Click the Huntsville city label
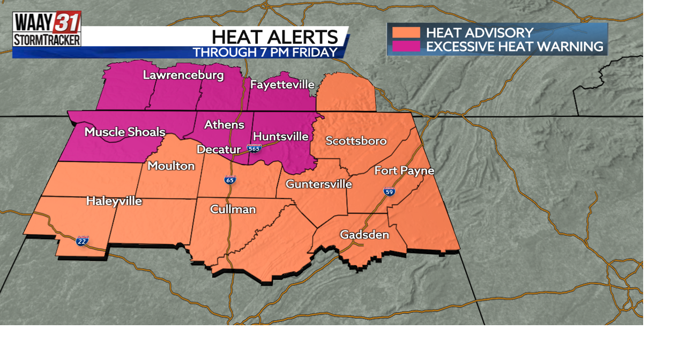(280, 137)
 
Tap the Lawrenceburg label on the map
(183, 75)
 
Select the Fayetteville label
(282, 85)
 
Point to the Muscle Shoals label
(125, 132)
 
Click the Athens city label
(224, 125)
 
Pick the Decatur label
(219, 149)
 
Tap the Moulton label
(171, 166)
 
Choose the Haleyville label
(114, 201)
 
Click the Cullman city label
(233, 209)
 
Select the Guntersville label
(318, 184)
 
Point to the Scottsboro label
(356, 141)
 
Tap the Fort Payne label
(404, 171)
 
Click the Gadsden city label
(364, 235)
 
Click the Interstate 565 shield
(254, 148)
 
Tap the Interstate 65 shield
(230, 180)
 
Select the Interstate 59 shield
(389, 191)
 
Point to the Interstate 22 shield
(82, 241)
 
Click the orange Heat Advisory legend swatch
(406, 33)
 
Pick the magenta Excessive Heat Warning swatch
(406, 46)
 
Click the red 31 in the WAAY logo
(67, 22)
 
